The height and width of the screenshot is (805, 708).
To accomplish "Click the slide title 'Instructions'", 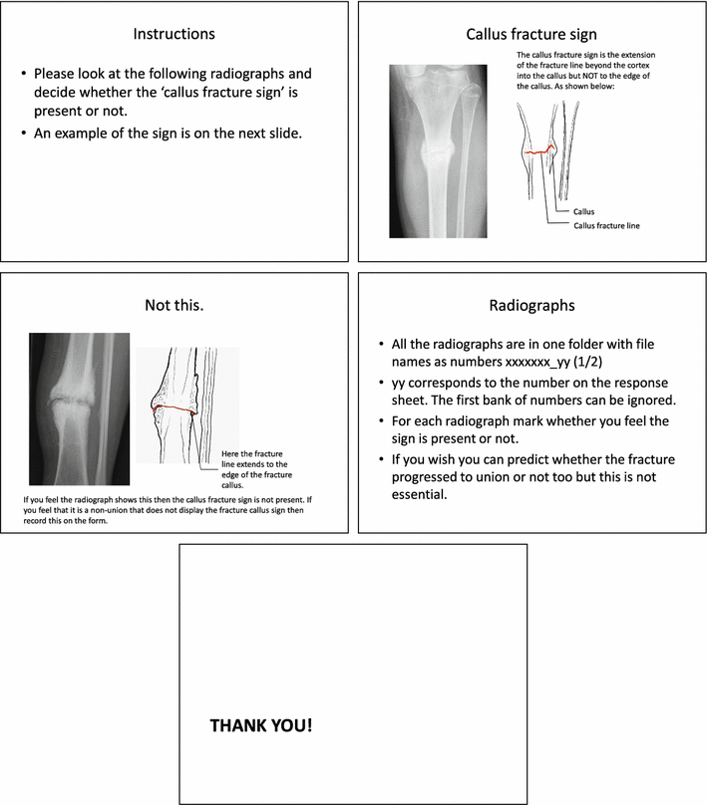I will [175, 34].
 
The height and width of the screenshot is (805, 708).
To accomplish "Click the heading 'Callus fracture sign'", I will [531, 34].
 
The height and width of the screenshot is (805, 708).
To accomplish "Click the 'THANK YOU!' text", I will [260, 724].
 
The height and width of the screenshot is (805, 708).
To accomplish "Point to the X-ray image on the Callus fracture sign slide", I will [440, 150].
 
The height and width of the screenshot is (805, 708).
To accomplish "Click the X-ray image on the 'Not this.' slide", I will [79, 407].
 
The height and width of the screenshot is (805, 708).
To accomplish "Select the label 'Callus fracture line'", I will [606, 226].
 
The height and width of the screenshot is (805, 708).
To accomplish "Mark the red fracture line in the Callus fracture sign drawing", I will [539, 150].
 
